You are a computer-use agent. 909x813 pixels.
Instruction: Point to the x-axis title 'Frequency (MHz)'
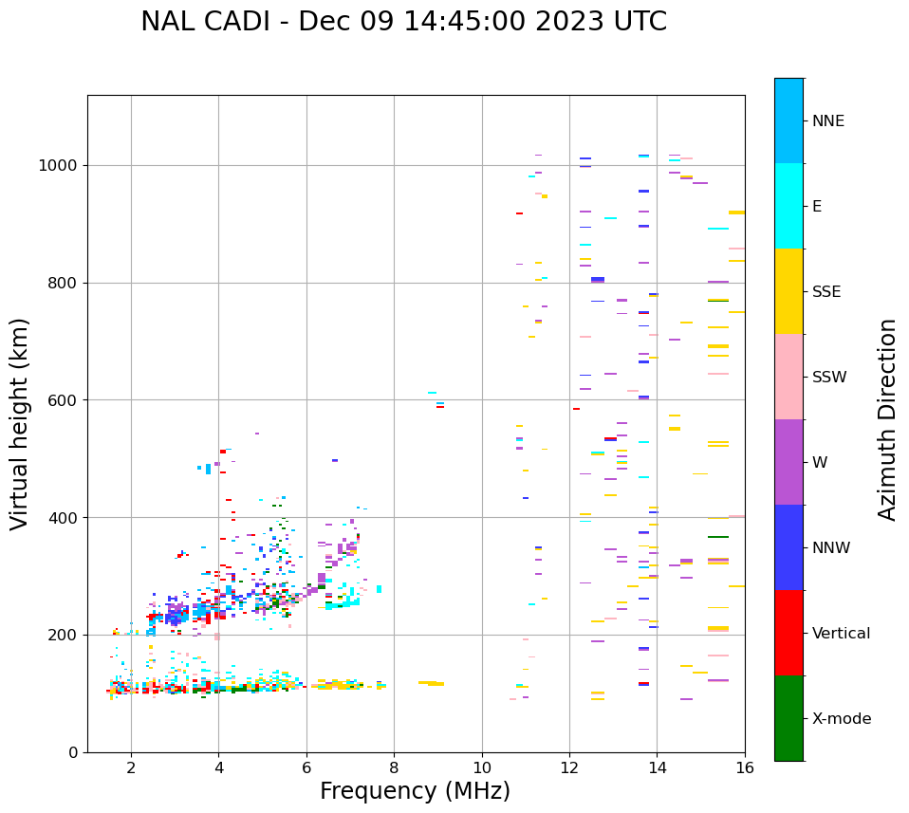pos(415,791)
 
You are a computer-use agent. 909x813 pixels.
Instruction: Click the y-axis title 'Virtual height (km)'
pos(20,423)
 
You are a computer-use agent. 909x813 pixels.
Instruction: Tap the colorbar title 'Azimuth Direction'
pos(887,419)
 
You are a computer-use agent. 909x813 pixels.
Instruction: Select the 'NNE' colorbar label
pos(827,121)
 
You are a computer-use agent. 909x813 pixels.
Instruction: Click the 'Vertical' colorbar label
pos(841,634)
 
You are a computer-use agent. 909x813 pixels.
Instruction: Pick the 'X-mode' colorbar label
pos(841,719)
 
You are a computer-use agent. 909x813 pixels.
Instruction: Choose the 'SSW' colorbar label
pos(829,378)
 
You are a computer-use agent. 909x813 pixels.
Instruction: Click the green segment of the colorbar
pos(788,718)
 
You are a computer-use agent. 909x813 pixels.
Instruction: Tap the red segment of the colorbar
pos(788,633)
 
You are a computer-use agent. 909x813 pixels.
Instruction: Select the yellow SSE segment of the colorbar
pos(788,291)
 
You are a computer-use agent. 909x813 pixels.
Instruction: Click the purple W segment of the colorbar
pos(788,462)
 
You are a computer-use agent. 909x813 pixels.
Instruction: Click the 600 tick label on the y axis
pos(62,400)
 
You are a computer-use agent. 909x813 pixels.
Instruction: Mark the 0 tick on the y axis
pos(72,752)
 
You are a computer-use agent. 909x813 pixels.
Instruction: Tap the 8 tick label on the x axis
pos(394,768)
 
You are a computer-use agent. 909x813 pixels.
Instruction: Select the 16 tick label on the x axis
pos(745,768)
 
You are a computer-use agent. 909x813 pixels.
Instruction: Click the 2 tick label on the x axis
pos(131,768)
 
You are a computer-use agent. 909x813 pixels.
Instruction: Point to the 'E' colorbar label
pos(817,207)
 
